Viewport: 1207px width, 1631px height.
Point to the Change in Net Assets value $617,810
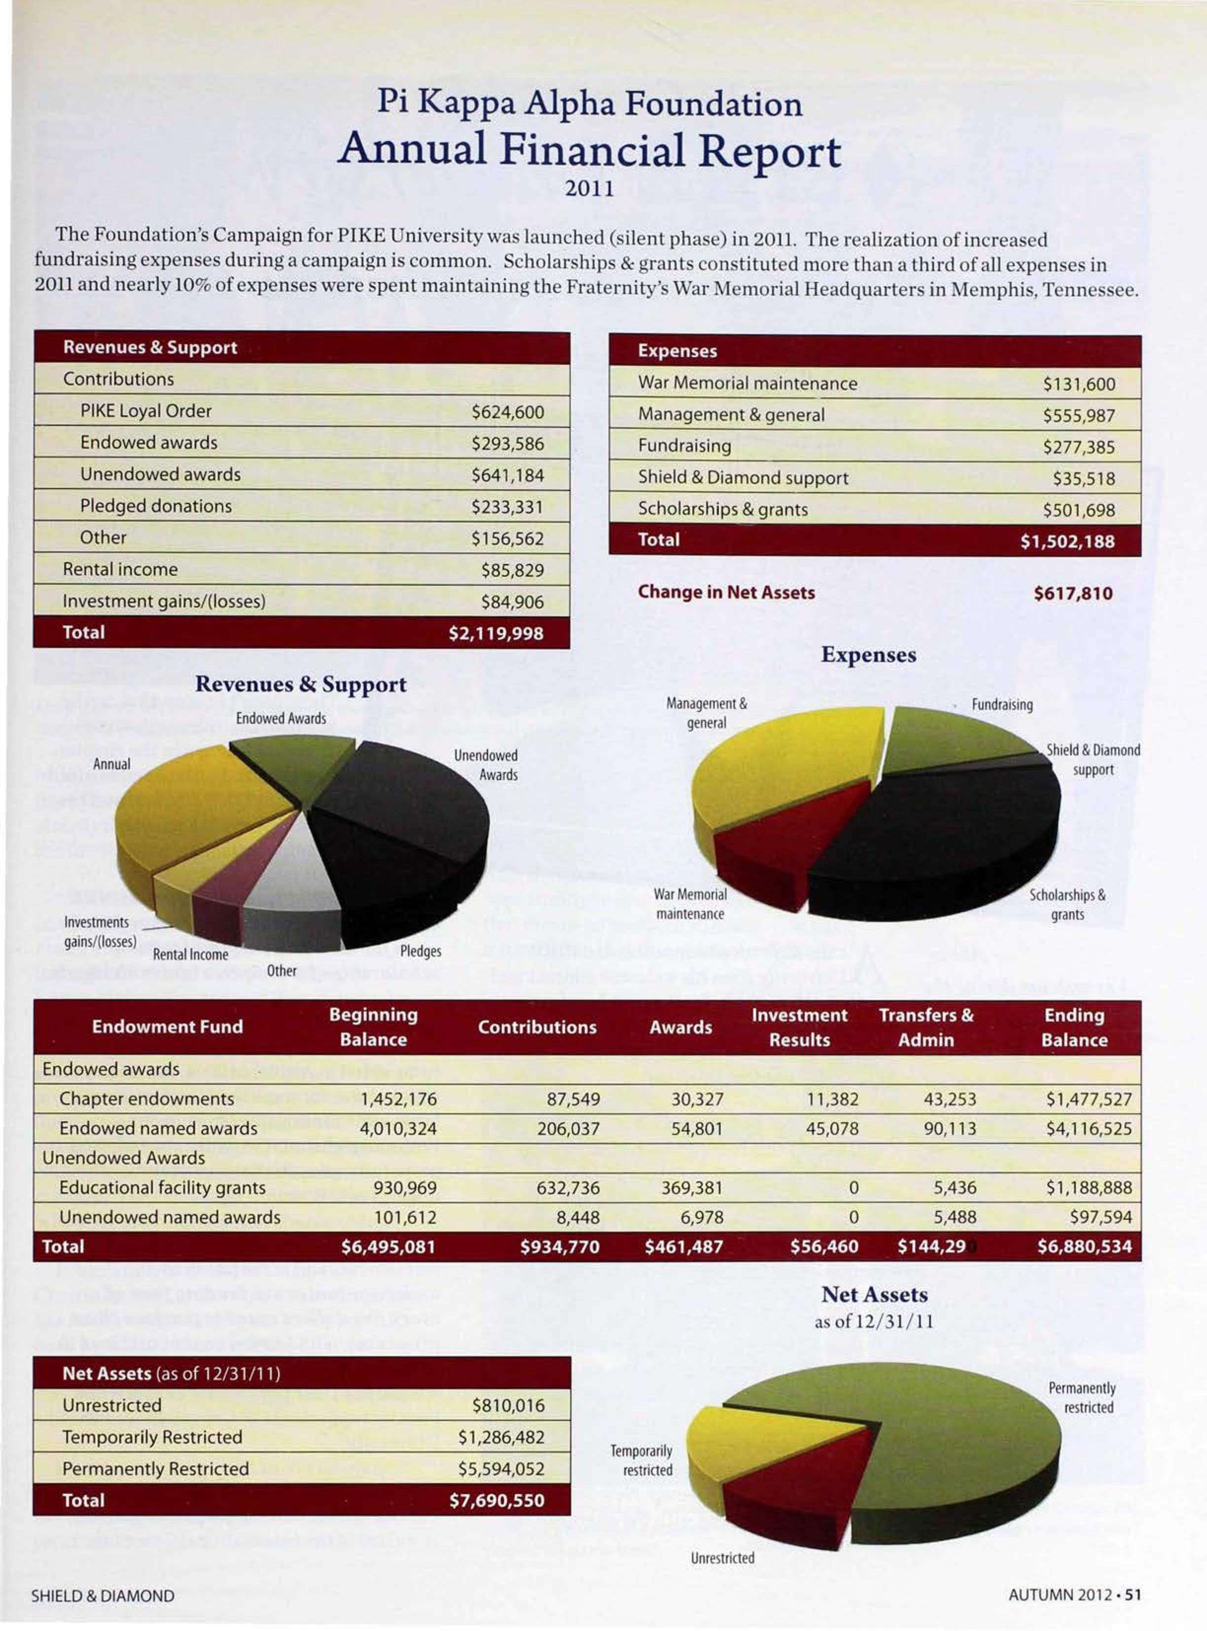click(x=1072, y=593)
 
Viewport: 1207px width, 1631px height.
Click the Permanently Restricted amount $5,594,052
click(x=501, y=1469)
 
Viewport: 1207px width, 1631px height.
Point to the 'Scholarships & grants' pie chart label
click(x=1066, y=904)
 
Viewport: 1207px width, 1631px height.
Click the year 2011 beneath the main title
click(x=589, y=189)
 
